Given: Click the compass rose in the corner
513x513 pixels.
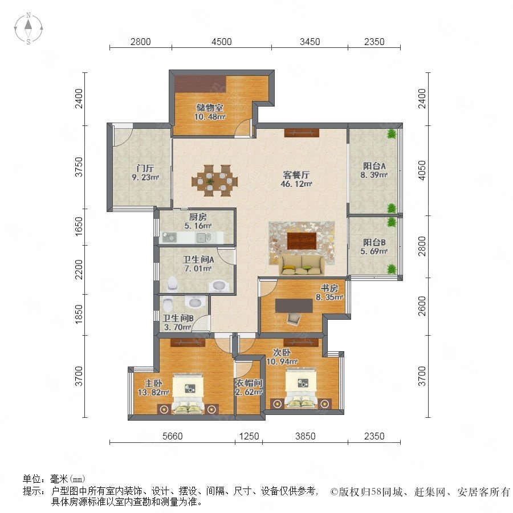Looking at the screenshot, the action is pos(28,28).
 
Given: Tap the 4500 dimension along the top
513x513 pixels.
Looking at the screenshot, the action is pos(222,42).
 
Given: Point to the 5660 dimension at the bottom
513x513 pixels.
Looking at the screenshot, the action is pos(172,436).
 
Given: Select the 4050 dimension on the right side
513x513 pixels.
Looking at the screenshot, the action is pos(422,170).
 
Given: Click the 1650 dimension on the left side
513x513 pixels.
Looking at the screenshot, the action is pos(79,226).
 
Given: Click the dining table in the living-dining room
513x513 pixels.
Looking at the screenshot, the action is pos(215,181).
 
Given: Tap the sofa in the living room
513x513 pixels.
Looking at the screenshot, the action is pos(302,264).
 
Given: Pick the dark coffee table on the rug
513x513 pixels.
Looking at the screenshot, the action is pos(302,241).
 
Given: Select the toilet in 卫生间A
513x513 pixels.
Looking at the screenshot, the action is pos(172,284).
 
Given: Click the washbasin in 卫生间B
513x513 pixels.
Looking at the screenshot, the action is pos(196,302).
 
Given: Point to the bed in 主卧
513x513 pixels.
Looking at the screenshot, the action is pos(188,394).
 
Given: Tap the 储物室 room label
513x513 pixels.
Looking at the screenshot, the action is pos(209,108).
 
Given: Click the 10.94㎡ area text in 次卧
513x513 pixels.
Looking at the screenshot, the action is pos(282,361).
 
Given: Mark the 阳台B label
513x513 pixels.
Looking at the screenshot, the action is pos(374,242).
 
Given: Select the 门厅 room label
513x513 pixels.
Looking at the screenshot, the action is pos(145,169).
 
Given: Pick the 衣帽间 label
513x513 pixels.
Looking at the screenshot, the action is pos(249,383).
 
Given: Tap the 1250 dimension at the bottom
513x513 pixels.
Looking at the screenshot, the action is pos(249,436).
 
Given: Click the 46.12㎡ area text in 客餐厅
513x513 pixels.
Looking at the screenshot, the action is pos(296,184).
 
